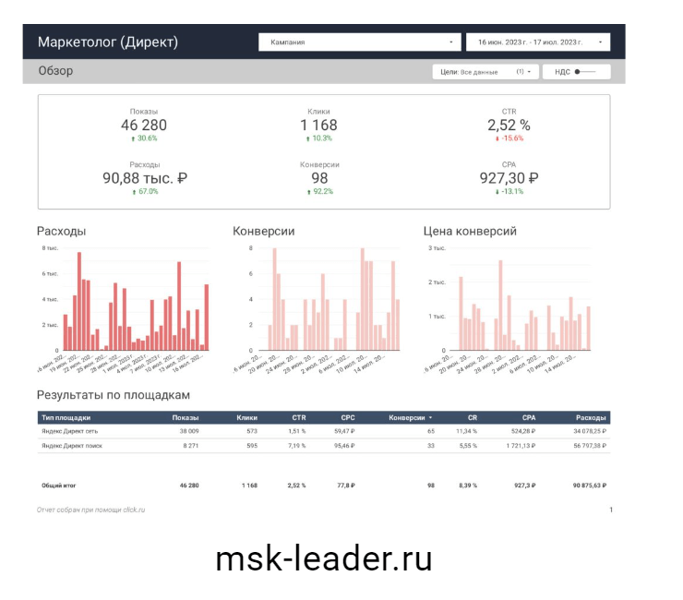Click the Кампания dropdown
pyautogui.click(x=359, y=42)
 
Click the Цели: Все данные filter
pyautogui.click(x=485, y=71)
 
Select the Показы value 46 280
pyautogui.click(x=144, y=126)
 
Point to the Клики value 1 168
pyautogui.click(x=319, y=126)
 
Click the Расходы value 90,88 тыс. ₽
pyautogui.click(x=144, y=178)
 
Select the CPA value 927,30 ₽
pyautogui.click(x=509, y=178)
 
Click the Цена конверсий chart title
pyautogui.click(x=469, y=231)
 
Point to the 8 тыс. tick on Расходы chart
pyautogui.click(x=50, y=248)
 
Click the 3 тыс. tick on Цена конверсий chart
pyautogui.click(x=437, y=248)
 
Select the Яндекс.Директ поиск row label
pyautogui.click(x=71, y=445)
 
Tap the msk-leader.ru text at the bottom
pyautogui.click(x=323, y=558)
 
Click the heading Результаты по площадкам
pyautogui.click(x=114, y=395)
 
